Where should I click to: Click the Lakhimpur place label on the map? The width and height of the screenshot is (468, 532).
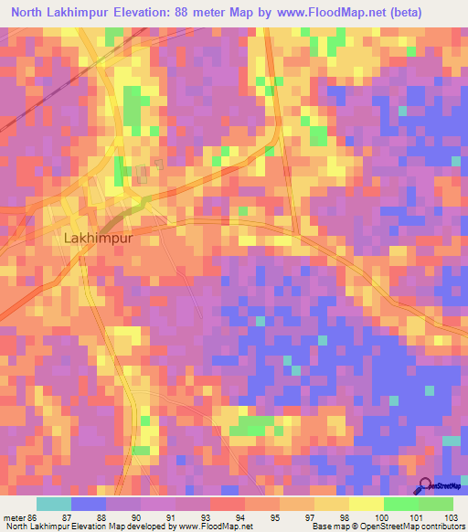(99, 237)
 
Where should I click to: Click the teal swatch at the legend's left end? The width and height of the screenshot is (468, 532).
(54, 504)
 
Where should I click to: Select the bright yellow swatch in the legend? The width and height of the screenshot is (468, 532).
(366, 504)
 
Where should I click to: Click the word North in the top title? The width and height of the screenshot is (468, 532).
(28, 13)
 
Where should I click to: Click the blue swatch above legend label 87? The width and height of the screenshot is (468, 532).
(89, 504)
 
